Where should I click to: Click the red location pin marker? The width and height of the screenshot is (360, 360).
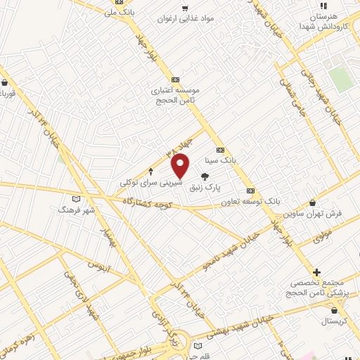[x=181, y=165]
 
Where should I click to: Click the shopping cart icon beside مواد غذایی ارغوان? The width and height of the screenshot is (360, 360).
[x=185, y=8]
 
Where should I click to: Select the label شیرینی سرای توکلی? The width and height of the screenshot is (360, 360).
[x=150, y=182]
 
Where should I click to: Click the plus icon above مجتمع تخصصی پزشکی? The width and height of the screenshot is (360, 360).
[x=316, y=272]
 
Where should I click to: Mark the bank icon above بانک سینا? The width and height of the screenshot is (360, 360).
[x=220, y=150]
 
